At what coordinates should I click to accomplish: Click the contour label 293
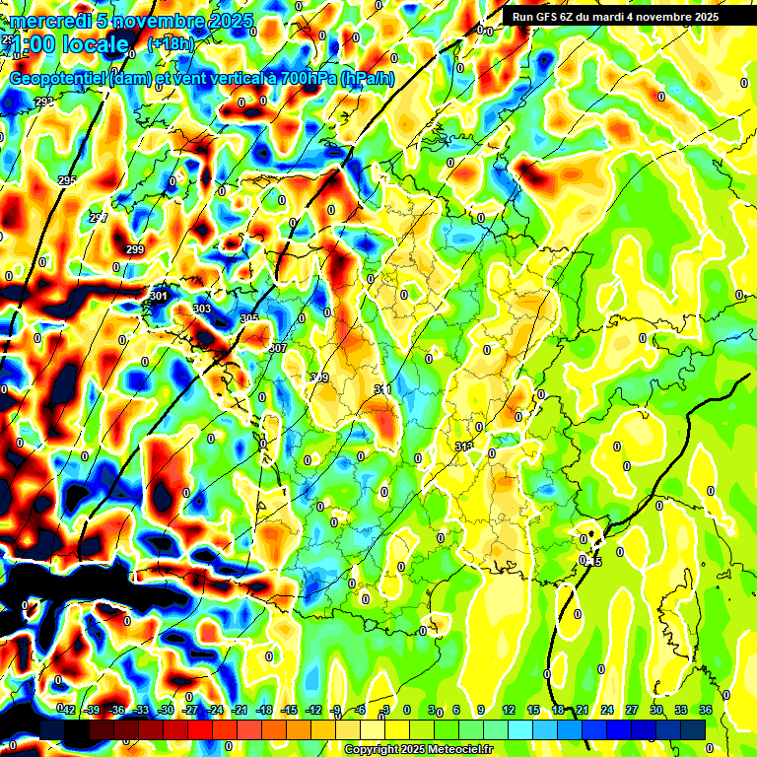[44, 102]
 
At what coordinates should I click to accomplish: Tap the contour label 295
[67, 180]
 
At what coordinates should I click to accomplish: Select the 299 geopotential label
[135, 249]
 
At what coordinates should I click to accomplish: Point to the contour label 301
[158, 296]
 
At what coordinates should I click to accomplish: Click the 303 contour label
[202, 310]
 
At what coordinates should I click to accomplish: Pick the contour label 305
[249, 318]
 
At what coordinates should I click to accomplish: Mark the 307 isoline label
[277, 348]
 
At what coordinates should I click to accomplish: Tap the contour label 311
[382, 390]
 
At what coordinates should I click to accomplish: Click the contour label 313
[463, 447]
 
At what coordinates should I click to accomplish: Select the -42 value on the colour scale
[68, 711]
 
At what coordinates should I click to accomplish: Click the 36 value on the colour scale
[705, 711]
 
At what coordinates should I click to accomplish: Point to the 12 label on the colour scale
[509, 711]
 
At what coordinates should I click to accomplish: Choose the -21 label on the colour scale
[240, 711]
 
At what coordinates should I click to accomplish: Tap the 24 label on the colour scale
[607, 711]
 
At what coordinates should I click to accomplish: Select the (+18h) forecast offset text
[172, 43]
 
